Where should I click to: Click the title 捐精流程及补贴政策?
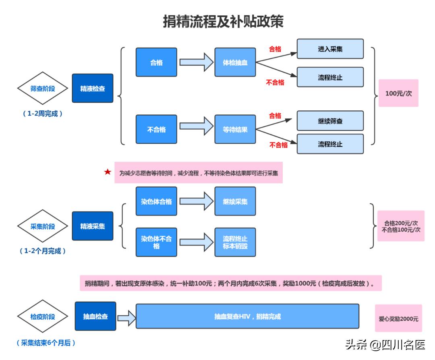(223, 21)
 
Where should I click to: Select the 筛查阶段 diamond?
(43, 89)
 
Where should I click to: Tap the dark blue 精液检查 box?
(93, 89)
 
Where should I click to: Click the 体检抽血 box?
(235, 62)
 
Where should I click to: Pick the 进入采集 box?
(330, 49)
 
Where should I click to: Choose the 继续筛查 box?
(330, 121)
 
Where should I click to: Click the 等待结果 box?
(235, 130)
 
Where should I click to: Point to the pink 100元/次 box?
(398, 93)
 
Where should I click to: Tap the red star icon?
(108, 172)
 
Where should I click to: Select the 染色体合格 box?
(156, 201)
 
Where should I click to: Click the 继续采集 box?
(235, 201)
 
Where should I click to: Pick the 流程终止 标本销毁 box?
(235, 242)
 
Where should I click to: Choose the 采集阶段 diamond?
(43, 226)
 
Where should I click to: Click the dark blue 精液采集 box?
(93, 226)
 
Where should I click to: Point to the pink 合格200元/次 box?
(401, 226)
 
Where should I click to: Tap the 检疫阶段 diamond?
(43, 317)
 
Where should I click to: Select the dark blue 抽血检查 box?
(95, 317)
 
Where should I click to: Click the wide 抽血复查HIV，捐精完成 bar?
(247, 317)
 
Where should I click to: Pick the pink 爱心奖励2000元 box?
(398, 319)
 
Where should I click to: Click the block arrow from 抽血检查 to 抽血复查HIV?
(126, 317)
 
